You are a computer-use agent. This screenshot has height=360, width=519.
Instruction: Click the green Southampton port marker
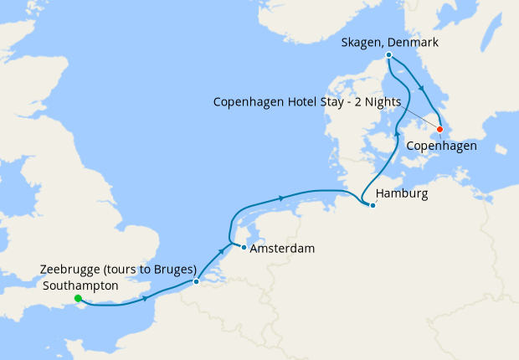pyautogui.click(x=78, y=298)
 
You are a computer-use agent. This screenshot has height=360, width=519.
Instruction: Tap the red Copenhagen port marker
pyautogui.click(x=440, y=130)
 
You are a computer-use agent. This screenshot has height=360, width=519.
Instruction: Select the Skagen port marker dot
pyautogui.click(x=388, y=56)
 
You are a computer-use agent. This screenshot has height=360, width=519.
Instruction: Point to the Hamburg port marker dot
pyautogui.click(x=372, y=205)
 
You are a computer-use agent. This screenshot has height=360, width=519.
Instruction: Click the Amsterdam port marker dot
pyautogui.click(x=244, y=247)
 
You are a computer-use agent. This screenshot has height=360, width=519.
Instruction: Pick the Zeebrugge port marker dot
pyautogui.click(x=196, y=281)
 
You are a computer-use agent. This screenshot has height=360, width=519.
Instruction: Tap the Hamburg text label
pyautogui.click(x=402, y=193)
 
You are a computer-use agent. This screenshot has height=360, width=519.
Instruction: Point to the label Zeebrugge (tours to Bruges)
pyautogui.click(x=117, y=270)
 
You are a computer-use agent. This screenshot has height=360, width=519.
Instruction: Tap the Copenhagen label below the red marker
pyautogui.click(x=441, y=146)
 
